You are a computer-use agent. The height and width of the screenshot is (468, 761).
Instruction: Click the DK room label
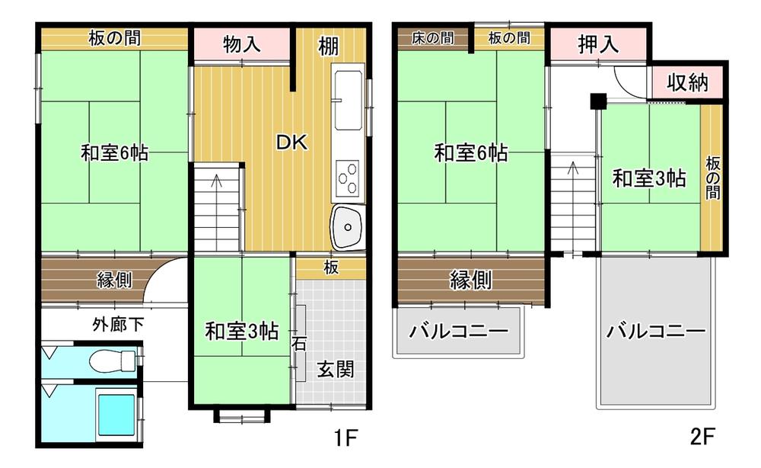click(291, 143)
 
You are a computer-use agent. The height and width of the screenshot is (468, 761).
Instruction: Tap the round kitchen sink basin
click(348, 226)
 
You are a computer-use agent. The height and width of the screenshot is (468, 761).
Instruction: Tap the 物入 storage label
click(242, 45)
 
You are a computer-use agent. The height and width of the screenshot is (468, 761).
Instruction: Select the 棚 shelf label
click(329, 46)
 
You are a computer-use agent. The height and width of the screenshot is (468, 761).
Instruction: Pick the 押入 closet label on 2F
click(598, 45)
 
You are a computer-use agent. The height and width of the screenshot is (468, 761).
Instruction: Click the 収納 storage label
click(688, 82)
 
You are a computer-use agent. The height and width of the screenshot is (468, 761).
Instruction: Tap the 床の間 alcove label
click(432, 38)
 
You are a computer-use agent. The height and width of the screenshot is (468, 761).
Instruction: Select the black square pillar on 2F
click(597, 100)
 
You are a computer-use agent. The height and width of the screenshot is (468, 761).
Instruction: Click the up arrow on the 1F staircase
click(217, 181)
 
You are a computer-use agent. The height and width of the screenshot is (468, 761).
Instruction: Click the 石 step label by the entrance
click(299, 345)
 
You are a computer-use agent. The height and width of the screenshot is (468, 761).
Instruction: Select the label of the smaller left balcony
click(458, 332)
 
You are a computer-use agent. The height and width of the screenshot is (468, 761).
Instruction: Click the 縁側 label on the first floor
click(114, 280)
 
